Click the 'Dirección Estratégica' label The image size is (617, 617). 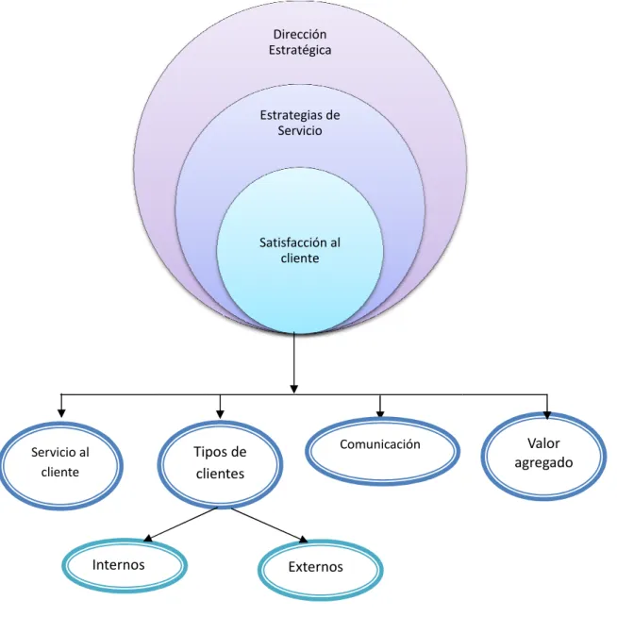pyautogui.click(x=300, y=42)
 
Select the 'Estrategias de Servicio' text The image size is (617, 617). pyautogui.click(x=300, y=123)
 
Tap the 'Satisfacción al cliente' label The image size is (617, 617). pyautogui.click(x=300, y=250)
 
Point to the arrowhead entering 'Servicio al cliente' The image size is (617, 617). pyautogui.click(x=61, y=413)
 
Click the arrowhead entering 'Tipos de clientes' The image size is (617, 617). pyautogui.click(x=221, y=414)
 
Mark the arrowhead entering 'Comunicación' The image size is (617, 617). pyautogui.click(x=380, y=413)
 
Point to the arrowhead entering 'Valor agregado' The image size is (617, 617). pyautogui.click(x=547, y=414)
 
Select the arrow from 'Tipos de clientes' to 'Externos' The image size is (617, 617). pyautogui.click(x=269, y=525)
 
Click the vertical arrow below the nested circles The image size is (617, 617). pyautogui.click(x=294, y=363)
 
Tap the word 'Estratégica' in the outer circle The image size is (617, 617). pyautogui.click(x=300, y=50)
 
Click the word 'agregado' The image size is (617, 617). pyautogui.click(x=543, y=463)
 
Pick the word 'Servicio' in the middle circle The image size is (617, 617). pyautogui.click(x=300, y=130)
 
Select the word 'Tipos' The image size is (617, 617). pyautogui.click(x=208, y=453)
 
